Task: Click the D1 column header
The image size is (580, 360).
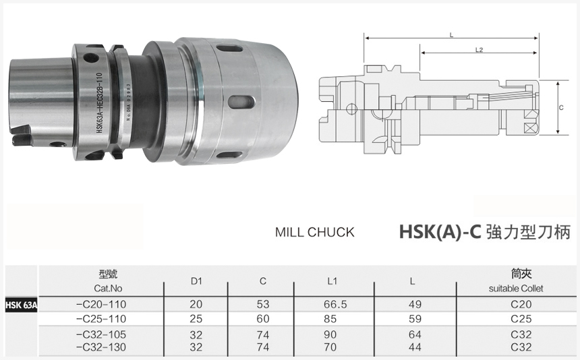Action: coord(196,280)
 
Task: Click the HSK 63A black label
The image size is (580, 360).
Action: coord(22,305)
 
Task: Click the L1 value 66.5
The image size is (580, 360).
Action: coord(335,305)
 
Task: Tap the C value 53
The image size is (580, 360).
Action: coord(263,305)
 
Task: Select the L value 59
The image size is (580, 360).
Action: coord(415,318)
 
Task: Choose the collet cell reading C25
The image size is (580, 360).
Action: coord(521,318)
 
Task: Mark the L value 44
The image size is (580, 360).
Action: coord(415,347)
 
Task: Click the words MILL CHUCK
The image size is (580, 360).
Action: coord(314,232)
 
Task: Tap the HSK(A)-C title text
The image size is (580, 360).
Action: coord(439,232)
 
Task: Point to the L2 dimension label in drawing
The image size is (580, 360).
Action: coord(479,49)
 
